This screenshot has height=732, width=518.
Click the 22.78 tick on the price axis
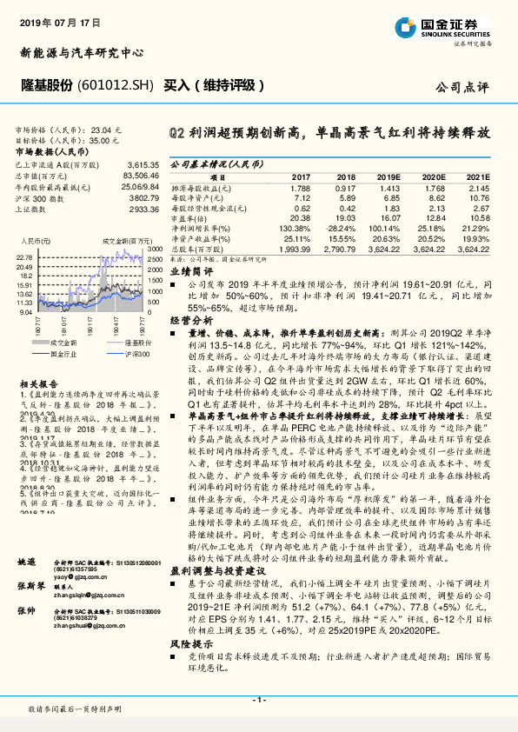point(23,258)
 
